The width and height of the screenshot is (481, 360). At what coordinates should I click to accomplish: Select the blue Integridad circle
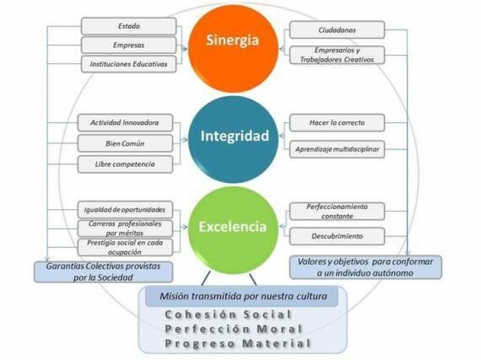[x=234, y=137]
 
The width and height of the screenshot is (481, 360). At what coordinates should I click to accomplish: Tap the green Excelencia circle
[x=232, y=226]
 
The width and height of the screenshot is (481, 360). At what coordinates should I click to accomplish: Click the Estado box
[x=128, y=26]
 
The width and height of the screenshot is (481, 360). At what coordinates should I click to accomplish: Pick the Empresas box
[x=128, y=45]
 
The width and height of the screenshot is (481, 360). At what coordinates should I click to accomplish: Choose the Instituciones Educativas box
[x=128, y=64]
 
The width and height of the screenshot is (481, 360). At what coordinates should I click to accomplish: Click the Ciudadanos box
[x=336, y=30]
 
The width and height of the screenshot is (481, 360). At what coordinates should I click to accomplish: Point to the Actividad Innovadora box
[x=124, y=124]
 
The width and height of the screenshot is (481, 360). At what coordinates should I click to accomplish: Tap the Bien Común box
[x=124, y=144]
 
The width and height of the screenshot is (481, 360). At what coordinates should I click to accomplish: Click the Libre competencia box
[x=124, y=164]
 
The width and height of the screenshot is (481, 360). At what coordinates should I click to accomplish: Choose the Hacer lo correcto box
[x=337, y=124]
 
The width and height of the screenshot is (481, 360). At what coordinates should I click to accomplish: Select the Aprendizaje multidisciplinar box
[x=337, y=150]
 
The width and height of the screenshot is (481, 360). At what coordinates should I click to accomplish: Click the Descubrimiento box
[x=337, y=236]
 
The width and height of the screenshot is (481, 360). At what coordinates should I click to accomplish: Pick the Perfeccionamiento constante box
[x=337, y=211]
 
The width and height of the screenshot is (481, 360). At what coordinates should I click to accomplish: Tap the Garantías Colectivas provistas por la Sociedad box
[x=103, y=271]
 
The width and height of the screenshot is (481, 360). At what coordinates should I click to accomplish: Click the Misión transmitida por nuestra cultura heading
[x=242, y=296]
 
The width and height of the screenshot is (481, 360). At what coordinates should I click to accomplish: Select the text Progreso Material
[x=238, y=343]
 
